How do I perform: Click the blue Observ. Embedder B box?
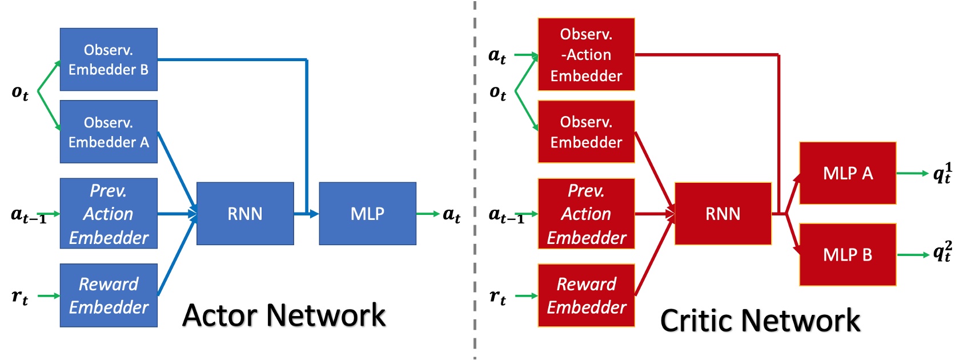[109, 59]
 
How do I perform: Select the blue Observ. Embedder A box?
[109, 132]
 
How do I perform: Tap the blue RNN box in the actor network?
[245, 214]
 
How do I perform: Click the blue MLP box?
[367, 214]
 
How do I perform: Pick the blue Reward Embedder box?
[109, 295]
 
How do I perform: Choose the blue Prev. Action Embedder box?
[109, 214]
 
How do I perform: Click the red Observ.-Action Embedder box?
[586, 54]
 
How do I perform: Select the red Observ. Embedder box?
[586, 132]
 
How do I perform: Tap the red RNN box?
[723, 214]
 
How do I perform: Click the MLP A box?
[848, 173]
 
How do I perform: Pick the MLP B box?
[848, 255]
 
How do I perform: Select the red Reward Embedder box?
[586, 295]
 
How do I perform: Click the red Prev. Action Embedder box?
[586, 214]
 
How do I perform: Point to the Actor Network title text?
[284, 315]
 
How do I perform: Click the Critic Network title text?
[760, 321]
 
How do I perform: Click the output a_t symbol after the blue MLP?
[451, 215]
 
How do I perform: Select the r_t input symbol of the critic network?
[497, 297]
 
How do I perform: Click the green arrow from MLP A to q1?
[912, 173]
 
